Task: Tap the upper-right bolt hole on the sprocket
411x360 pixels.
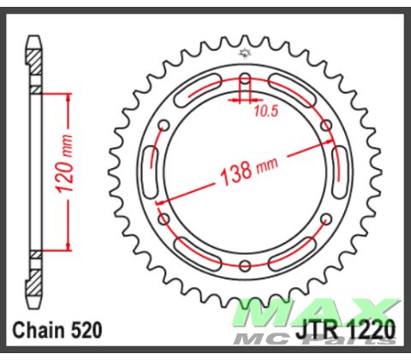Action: (x=326, y=125)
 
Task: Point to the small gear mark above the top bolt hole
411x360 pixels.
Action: (x=245, y=56)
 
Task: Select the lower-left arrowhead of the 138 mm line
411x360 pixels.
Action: (x=160, y=198)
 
